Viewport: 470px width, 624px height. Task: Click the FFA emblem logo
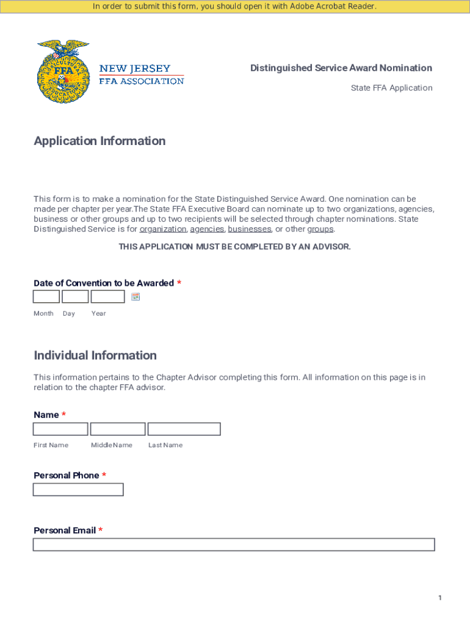[x=63, y=71]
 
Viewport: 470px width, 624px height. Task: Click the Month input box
[x=46, y=297]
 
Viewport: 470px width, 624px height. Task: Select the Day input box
[x=75, y=297]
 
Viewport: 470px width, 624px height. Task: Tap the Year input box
[x=107, y=297]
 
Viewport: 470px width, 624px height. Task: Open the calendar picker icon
[x=136, y=297]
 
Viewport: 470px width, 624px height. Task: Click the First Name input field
[x=60, y=429]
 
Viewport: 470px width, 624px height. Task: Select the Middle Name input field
[x=118, y=429]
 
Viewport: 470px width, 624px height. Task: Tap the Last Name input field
[x=184, y=429]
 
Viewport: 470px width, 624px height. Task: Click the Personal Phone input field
[x=78, y=489]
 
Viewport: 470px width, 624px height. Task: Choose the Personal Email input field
[x=234, y=544]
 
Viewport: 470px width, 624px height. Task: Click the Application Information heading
[x=99, y=141]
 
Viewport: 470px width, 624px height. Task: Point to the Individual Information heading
[x=95, y=355]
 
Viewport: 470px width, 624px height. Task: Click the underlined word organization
[x=163, y=229]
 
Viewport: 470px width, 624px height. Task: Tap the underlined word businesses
[x=250, y=229]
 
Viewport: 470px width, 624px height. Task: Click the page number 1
[x=439, y=598]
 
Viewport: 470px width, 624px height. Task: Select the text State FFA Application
[x=391, y=88]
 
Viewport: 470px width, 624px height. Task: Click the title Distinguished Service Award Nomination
[x=341, y=68]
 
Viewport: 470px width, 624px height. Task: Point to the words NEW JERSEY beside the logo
[x=135, y=69]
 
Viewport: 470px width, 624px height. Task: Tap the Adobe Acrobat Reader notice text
[x=234, y=6]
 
